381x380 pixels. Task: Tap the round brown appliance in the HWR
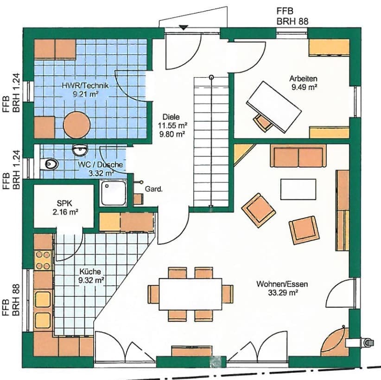coord(77,125)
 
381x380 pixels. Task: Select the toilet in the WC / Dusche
coord(49,164)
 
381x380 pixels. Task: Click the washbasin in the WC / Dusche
coord(80,150)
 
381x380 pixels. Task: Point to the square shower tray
coord(114,193)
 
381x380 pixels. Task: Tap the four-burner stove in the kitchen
coord(43,260)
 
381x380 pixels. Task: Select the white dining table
coord(190,294)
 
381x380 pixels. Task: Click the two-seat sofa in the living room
coord(298,156)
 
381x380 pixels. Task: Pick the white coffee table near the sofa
coord(298,190)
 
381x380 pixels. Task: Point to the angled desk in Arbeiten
coord(274,107)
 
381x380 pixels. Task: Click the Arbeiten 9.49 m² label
coord(304,83)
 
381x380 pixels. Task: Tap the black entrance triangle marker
coord(184,27)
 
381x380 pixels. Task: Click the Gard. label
coord(153,189)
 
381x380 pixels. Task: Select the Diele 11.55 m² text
coord(172,121)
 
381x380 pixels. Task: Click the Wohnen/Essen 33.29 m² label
coord(282,288)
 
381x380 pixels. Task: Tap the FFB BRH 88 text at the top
coord(292,16)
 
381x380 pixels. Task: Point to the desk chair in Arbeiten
coord(262,123)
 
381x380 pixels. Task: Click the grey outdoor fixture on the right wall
coord(367,342)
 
